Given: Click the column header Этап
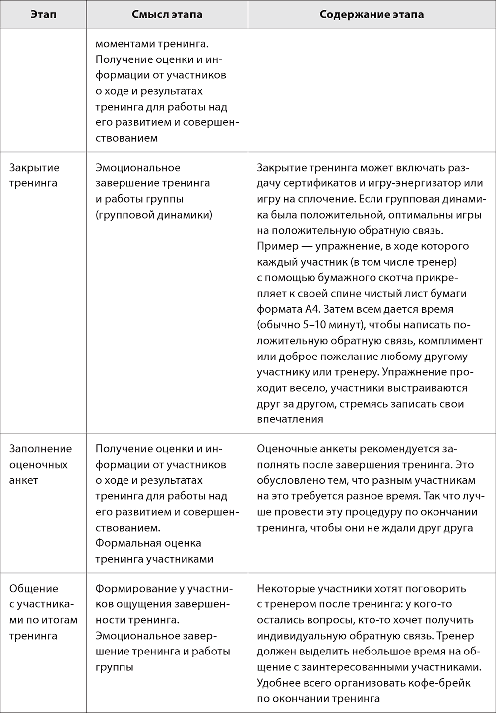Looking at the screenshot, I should pos(43,14).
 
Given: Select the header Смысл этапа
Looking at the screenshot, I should pos(167,14).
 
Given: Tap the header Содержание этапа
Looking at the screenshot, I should pos(372,14).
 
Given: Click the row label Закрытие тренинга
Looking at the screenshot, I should pos(34,175).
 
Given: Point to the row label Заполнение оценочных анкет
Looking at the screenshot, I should pos(40,464).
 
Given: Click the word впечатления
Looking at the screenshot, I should pos(290,419).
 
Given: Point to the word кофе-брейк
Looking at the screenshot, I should pos(439,683).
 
